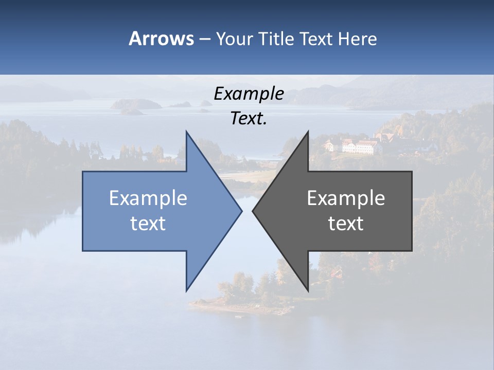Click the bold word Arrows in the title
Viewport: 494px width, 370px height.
(x=161, y=39)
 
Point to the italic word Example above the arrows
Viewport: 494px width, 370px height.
(x=249, y=94)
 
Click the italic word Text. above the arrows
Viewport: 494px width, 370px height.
(x=249, y=118)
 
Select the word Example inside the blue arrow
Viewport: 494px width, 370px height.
(x=148, y=198)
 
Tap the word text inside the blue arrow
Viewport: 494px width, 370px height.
(x=148, y=223)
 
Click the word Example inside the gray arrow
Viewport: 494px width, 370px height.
(x=346, y=198)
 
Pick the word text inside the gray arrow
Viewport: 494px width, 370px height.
(x=346, y=223)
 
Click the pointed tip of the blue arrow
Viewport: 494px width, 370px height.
(x=241, y=211)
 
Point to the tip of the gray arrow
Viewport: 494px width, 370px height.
(x=253, y=211)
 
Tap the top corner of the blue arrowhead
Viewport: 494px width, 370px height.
(x=187, y=132)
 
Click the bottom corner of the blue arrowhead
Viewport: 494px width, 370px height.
(x=187, y=290)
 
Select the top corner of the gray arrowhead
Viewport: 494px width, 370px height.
(x=308, y=132)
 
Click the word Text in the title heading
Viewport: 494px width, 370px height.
(x=316, y=39)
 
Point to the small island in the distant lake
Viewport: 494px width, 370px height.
(x=136, y=105)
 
